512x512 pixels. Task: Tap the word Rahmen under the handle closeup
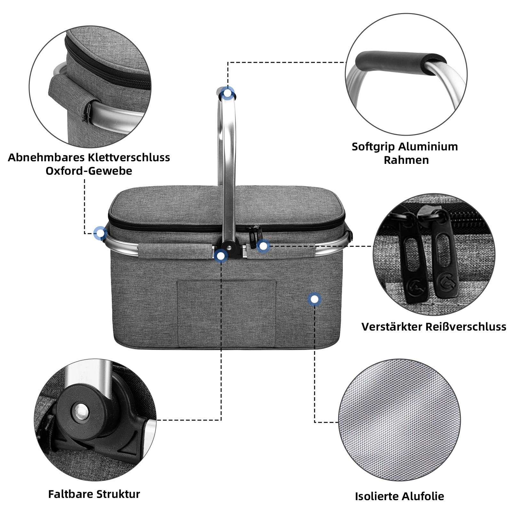[x=406, y=160]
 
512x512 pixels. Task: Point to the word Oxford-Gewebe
[x=89, y=171]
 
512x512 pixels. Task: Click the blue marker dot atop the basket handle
[x=227, y=93]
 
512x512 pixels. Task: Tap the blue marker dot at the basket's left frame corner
[x=100, y=233]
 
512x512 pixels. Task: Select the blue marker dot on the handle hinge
[x=221, y=256]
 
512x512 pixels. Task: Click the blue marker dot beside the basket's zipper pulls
[x=263, y=246]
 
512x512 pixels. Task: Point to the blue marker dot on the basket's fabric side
[x=315, y=299]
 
